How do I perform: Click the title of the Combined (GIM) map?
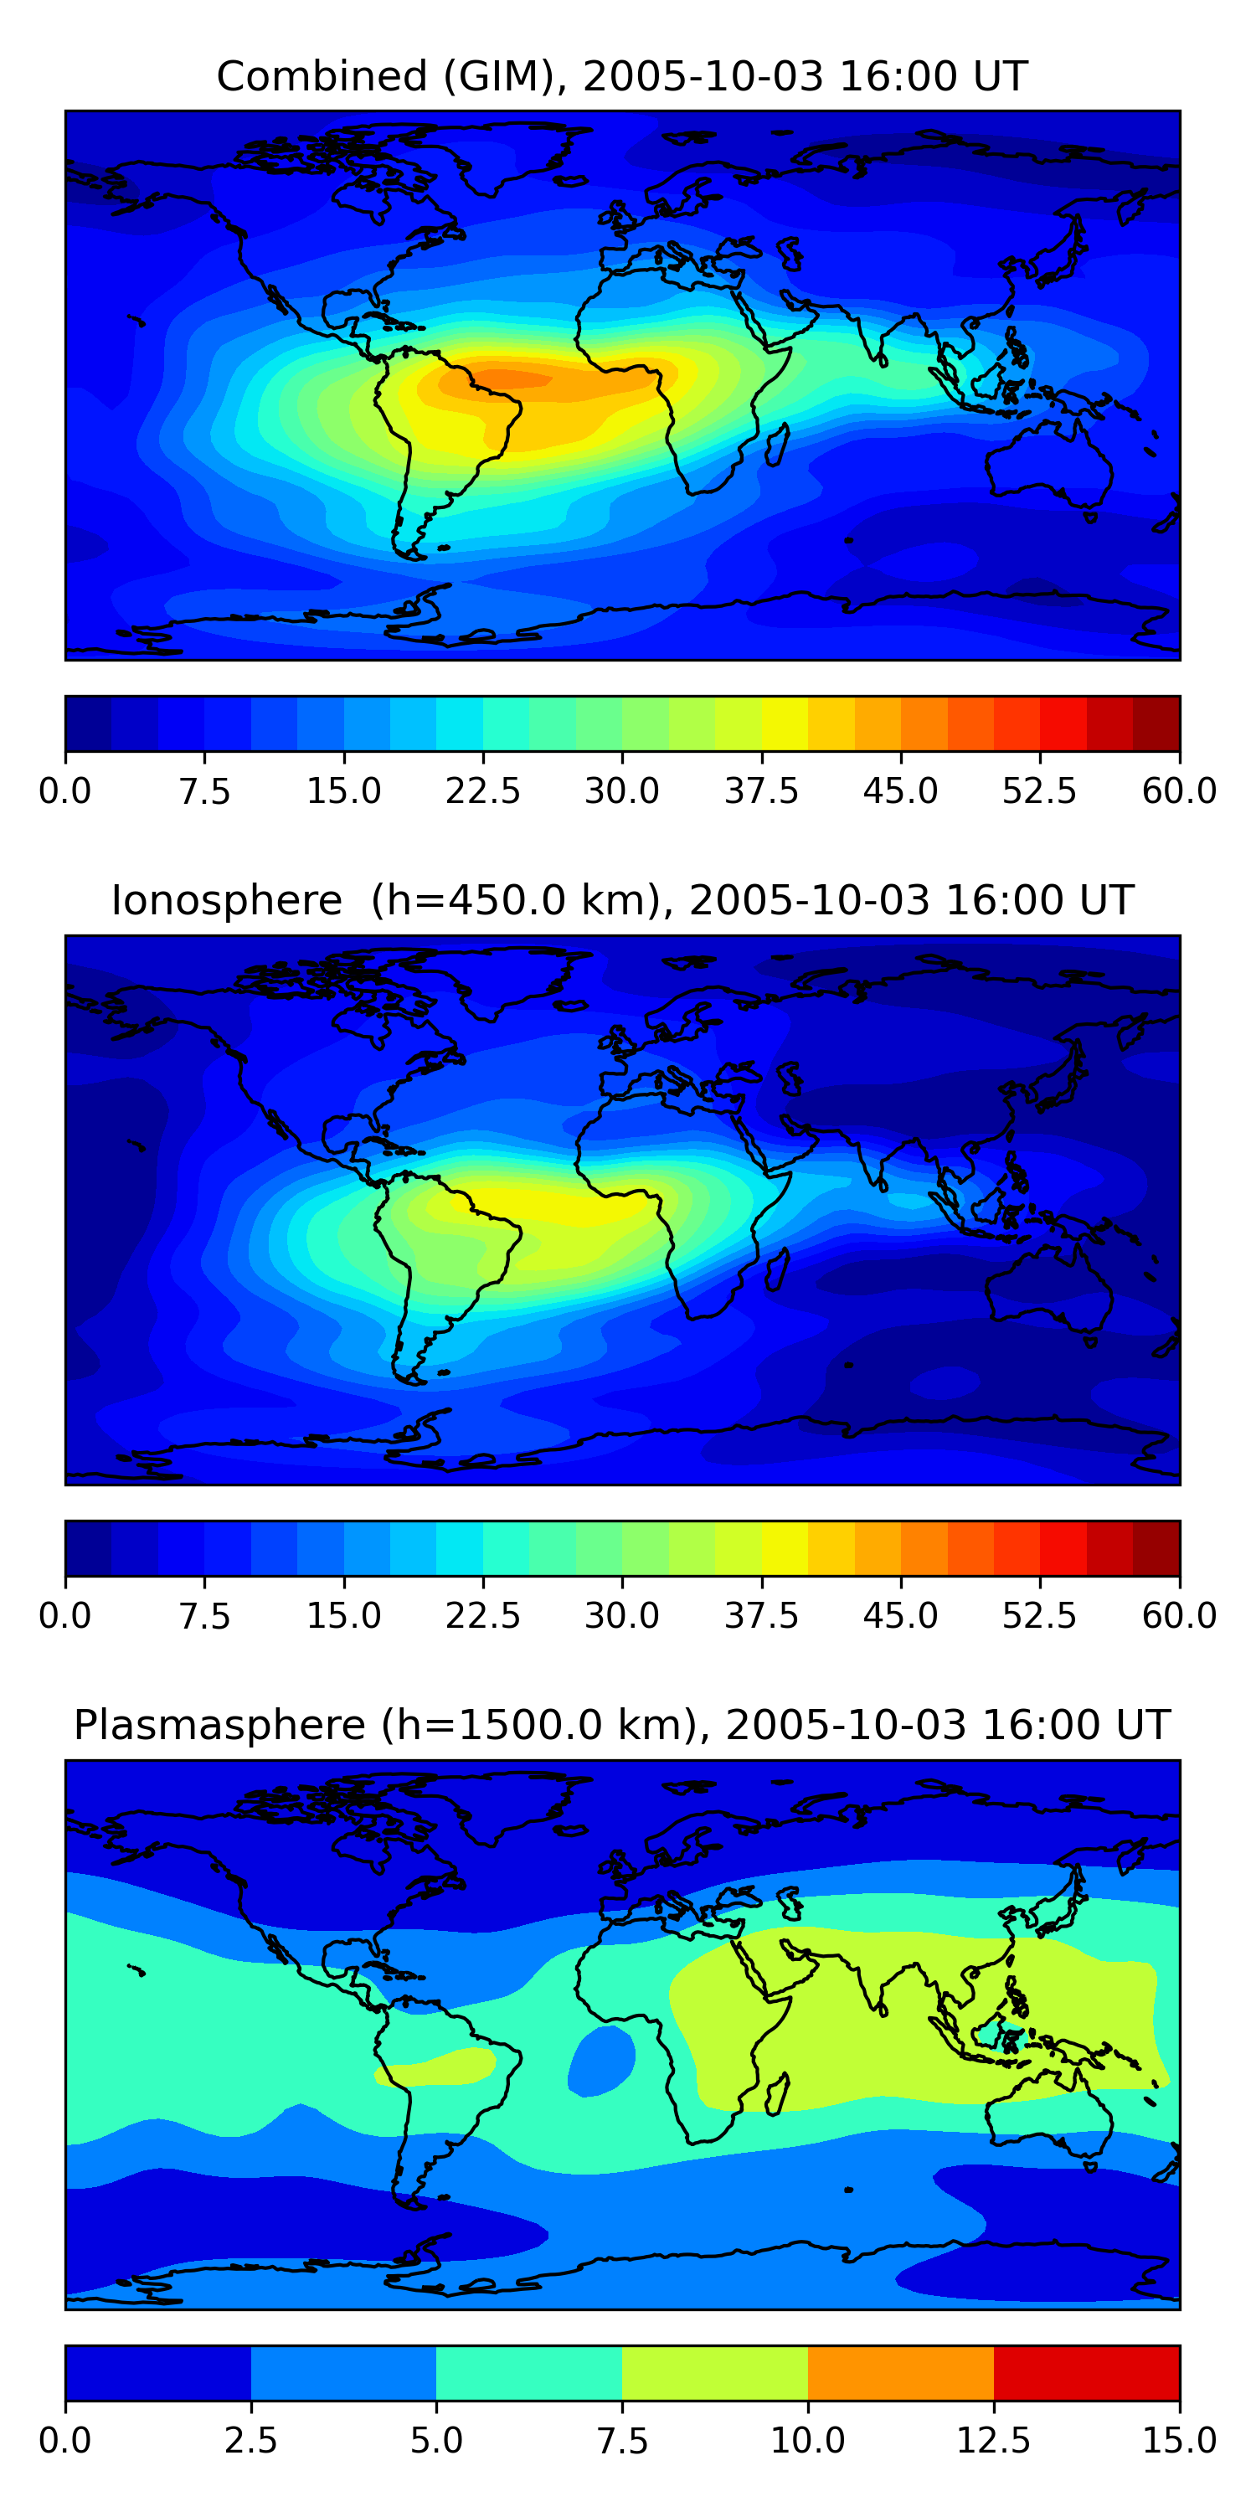click(x=622, y=76)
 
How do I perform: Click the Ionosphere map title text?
click(x=622, y=900)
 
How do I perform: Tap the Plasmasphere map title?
click(x=622, y=1725)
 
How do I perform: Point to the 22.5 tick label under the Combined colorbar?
click(x=482, y=790)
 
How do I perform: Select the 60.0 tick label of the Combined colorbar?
click(x=1179, y=790)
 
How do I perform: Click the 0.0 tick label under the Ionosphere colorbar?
click(x=65, y=1616)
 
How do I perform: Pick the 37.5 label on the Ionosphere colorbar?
click(x=762, y=1616)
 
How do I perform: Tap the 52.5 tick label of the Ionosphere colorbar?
click(x=1039, y=1616)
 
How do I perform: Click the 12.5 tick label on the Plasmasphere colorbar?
click(x=994, y=2440)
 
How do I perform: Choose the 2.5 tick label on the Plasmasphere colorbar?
click(x=250, y=2440)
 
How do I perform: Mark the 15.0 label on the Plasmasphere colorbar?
click(x=1179, y=2440)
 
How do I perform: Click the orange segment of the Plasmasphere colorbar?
click(x=900, y=2372)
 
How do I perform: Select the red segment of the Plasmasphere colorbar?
click(x=1086, y=2372)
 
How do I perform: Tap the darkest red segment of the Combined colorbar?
click(x=1156, y=723)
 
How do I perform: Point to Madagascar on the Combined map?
click(x=777, y=445)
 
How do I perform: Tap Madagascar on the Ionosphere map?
click(x=777, y=1269)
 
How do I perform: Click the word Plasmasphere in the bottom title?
click(x=219, y=1725)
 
